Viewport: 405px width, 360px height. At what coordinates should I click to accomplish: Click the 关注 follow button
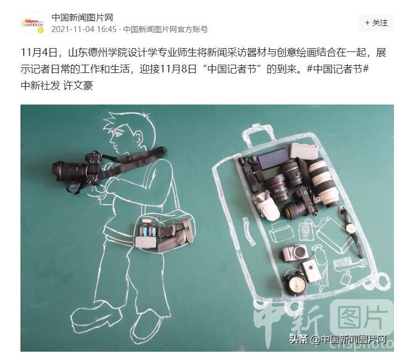376,23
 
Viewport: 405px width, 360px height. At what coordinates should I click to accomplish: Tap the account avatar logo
33,23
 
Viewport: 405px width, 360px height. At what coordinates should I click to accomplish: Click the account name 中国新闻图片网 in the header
82,18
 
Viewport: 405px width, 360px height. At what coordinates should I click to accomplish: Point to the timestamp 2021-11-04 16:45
84,29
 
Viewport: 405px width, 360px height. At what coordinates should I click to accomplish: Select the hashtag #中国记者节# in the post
338,69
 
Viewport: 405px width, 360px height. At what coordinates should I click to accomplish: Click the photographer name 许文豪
78,86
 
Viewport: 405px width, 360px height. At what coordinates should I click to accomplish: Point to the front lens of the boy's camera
56,170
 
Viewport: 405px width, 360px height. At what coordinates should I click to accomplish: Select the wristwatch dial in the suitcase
350,228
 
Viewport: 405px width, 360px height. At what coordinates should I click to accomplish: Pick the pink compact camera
295,253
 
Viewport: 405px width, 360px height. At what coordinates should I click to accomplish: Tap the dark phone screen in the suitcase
273,159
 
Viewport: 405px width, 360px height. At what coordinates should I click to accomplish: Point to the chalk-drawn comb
349,264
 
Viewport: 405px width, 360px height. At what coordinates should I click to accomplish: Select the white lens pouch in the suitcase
265,207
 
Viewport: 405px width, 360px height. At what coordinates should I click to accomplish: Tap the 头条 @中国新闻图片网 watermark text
338,339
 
